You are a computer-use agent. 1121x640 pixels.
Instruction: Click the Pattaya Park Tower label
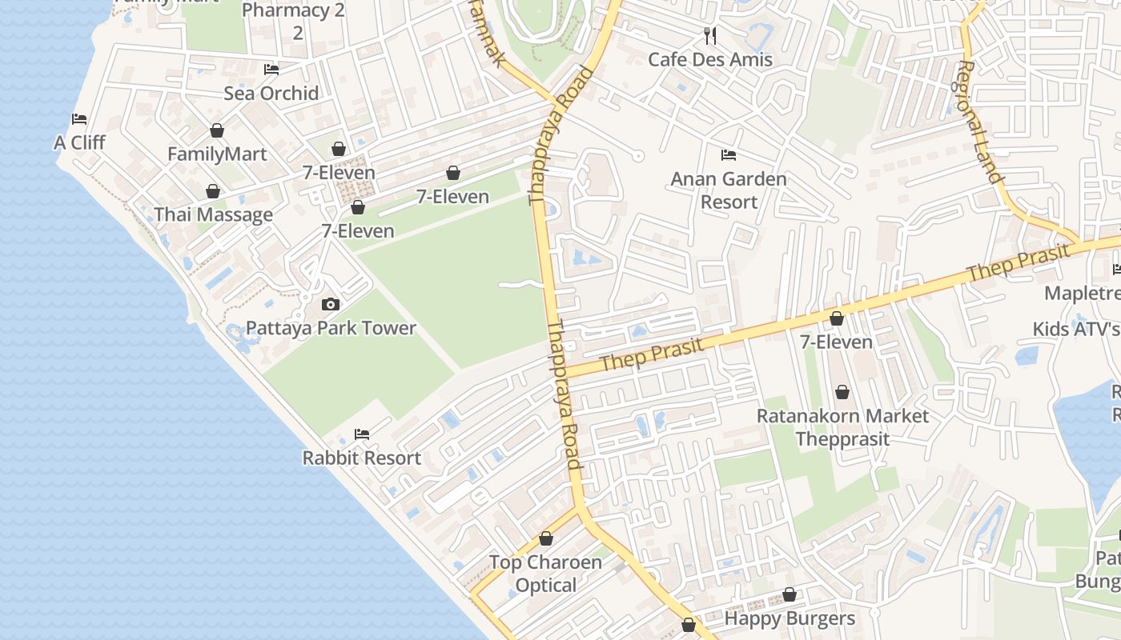click(x=331, y=328)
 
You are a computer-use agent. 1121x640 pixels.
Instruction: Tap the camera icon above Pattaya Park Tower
click(x=330, y=304)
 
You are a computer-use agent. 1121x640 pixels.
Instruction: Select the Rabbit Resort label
click(x=361, y=458)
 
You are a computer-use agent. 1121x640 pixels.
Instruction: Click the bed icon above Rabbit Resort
click(x=362, y=434)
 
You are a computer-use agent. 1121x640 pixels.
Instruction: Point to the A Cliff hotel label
click(x=79, y=143)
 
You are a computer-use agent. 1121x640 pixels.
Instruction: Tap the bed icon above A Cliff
click(x=79, y=119)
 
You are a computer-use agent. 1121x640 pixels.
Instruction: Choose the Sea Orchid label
click(x=271, y=94)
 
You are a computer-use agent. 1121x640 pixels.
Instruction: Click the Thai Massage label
click(x=213, y=215)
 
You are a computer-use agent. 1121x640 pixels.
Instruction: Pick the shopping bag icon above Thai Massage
click(x=213, y=191)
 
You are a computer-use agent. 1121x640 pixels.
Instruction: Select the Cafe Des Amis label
click(x=710, y=60)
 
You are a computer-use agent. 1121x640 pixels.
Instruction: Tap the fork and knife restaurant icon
click(x=710, y=35)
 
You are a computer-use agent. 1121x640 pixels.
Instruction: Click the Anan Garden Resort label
click(x=729, y=190)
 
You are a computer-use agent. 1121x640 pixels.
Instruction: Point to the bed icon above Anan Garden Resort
click(x=729, y=154)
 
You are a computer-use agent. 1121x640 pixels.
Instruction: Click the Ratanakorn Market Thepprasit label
click(x=842, y=428)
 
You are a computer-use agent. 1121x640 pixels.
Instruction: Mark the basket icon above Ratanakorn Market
click(x=842, y=392)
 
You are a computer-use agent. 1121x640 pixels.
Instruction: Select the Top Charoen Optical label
click(x=545, y=574)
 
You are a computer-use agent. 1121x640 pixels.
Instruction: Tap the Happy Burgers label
click(x=790, y=618)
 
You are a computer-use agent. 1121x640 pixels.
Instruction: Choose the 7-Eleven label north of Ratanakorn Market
click(x=837, y=342)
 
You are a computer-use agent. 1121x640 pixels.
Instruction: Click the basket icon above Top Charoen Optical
click(x=546, y=538)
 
